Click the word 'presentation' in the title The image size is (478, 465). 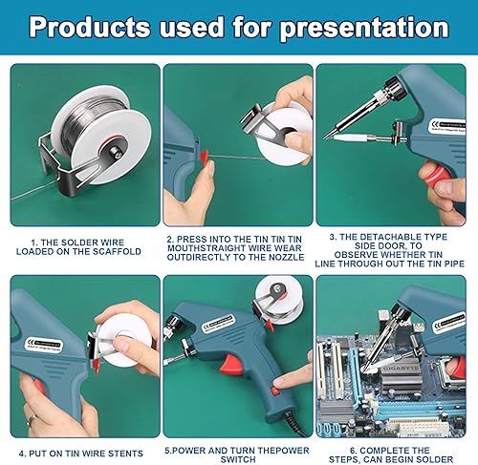point(364,28)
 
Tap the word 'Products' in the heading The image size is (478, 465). point(89,27)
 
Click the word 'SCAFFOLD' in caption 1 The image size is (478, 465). point(117,251)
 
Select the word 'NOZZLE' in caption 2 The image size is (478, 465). point(284,257)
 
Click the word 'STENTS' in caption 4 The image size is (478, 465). point(125,454)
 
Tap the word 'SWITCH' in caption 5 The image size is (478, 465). point(238,459)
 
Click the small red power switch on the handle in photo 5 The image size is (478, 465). point(275,391)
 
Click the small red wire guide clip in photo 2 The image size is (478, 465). point(204,156)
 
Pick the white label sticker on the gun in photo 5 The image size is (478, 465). point(219,323)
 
